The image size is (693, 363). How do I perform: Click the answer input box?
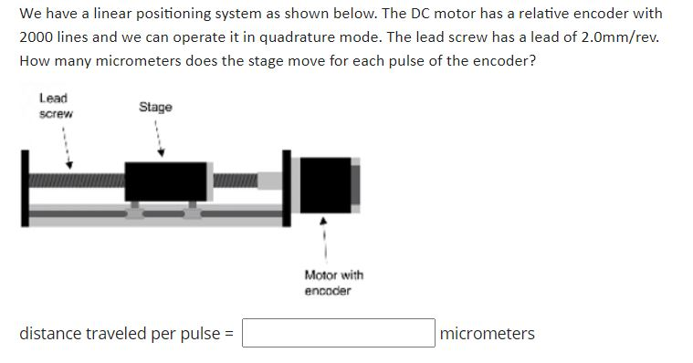pyautogui.click(x=338, y=333)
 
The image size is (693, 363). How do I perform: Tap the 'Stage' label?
pyautogui.click(x=155, y=108)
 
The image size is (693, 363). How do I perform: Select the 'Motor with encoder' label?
pyautogui.click(x=333, y=282)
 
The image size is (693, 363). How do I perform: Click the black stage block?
pyautogui.click(x=164, y=181)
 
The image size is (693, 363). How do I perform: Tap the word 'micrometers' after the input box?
pyautogui.click(x=487, y=333)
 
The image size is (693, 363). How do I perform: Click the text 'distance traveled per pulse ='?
pyautogui.click(x=127, y=333)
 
